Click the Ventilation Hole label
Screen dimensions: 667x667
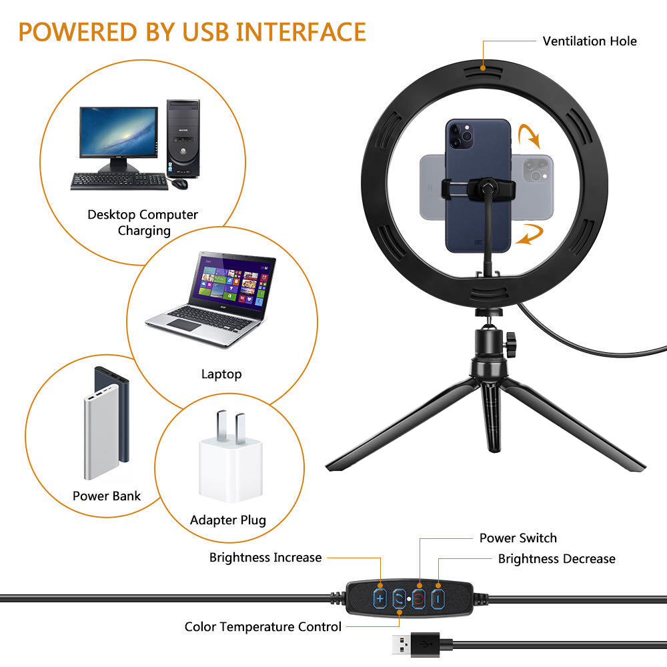click(x=590, y=41)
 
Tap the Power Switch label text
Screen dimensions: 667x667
click(x=518, y=538)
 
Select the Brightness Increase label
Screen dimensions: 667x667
click(x=265, y=558)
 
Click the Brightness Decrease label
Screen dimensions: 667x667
click(x=557, y=558)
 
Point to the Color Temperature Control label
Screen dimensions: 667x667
click(x=263, y=626)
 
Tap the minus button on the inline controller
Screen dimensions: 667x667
click(x=438, y=600)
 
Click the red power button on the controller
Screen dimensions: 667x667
click(x=419, y=600)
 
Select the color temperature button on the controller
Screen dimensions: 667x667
click(x=399, y=600)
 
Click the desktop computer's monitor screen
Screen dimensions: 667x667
click(x=119, y=132)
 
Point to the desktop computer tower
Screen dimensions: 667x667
click(x=183, y=138)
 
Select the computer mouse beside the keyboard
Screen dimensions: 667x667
click(x=179, y=183)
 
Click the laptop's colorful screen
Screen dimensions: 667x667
click(x=232, y=282)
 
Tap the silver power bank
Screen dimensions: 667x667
click(x=101, y=432)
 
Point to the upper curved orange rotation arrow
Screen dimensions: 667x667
click(x=530, y=135)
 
